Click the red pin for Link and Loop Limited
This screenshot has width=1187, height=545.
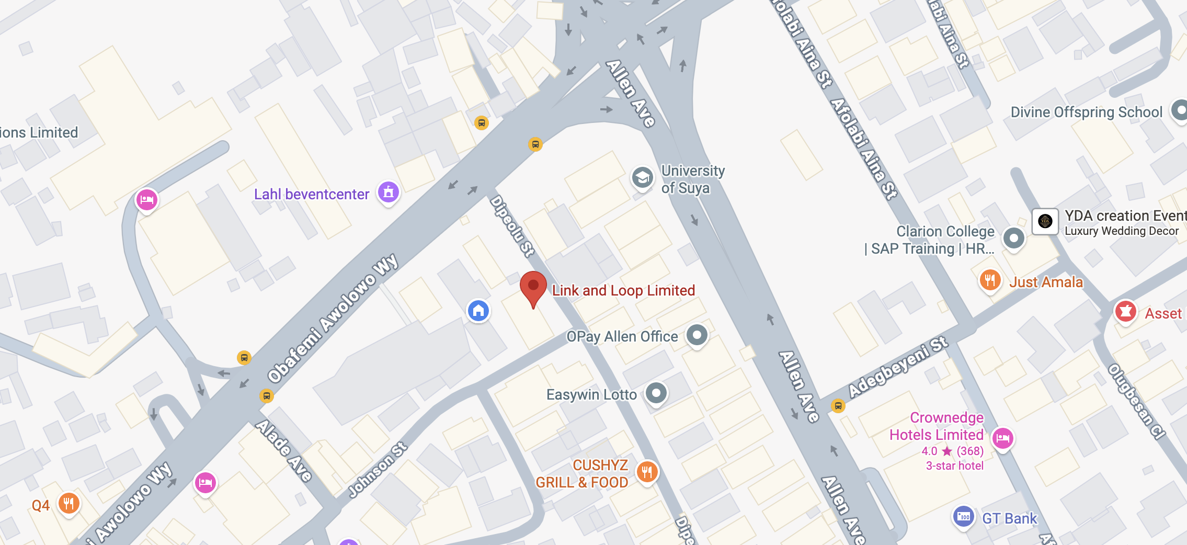[x=533, y=287]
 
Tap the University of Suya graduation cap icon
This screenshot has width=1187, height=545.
[x=642, y=178]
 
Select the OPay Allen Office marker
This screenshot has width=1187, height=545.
[x=697, y=335]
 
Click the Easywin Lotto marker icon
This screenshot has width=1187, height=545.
[x=656, y=393]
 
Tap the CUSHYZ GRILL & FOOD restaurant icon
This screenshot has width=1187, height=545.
[x=647, y=472]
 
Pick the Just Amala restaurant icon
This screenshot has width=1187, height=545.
[x=989, y=280]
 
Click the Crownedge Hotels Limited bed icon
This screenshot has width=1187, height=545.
[x=1002, y=438]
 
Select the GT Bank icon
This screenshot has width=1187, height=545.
[x=963, y=517]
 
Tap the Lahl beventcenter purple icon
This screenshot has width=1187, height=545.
[x=389, y=192]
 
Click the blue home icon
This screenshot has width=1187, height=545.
[x=478, y=311]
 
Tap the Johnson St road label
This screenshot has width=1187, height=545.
[x=378, y=470]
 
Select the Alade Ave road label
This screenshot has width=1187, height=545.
[x=284, y=450]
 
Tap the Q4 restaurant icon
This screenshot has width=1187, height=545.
[x=69, y=504]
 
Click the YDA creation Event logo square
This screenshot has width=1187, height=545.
[x=1045, y=221]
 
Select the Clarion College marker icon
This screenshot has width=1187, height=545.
[x=1013, y=239]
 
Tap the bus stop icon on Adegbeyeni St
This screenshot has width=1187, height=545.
[x=838, y=405]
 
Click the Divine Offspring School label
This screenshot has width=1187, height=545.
[x=1086, y=112]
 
